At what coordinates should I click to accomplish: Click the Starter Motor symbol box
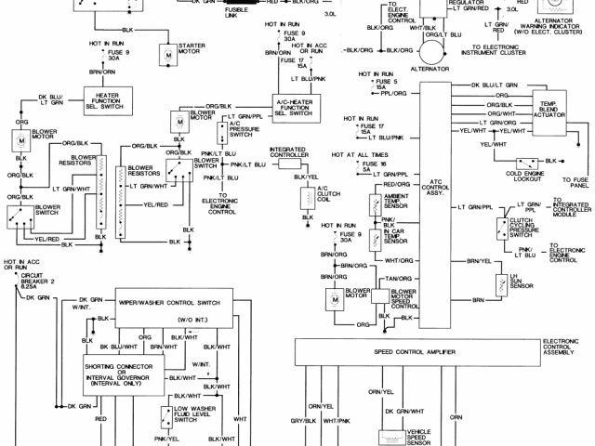tap(168, 54)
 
